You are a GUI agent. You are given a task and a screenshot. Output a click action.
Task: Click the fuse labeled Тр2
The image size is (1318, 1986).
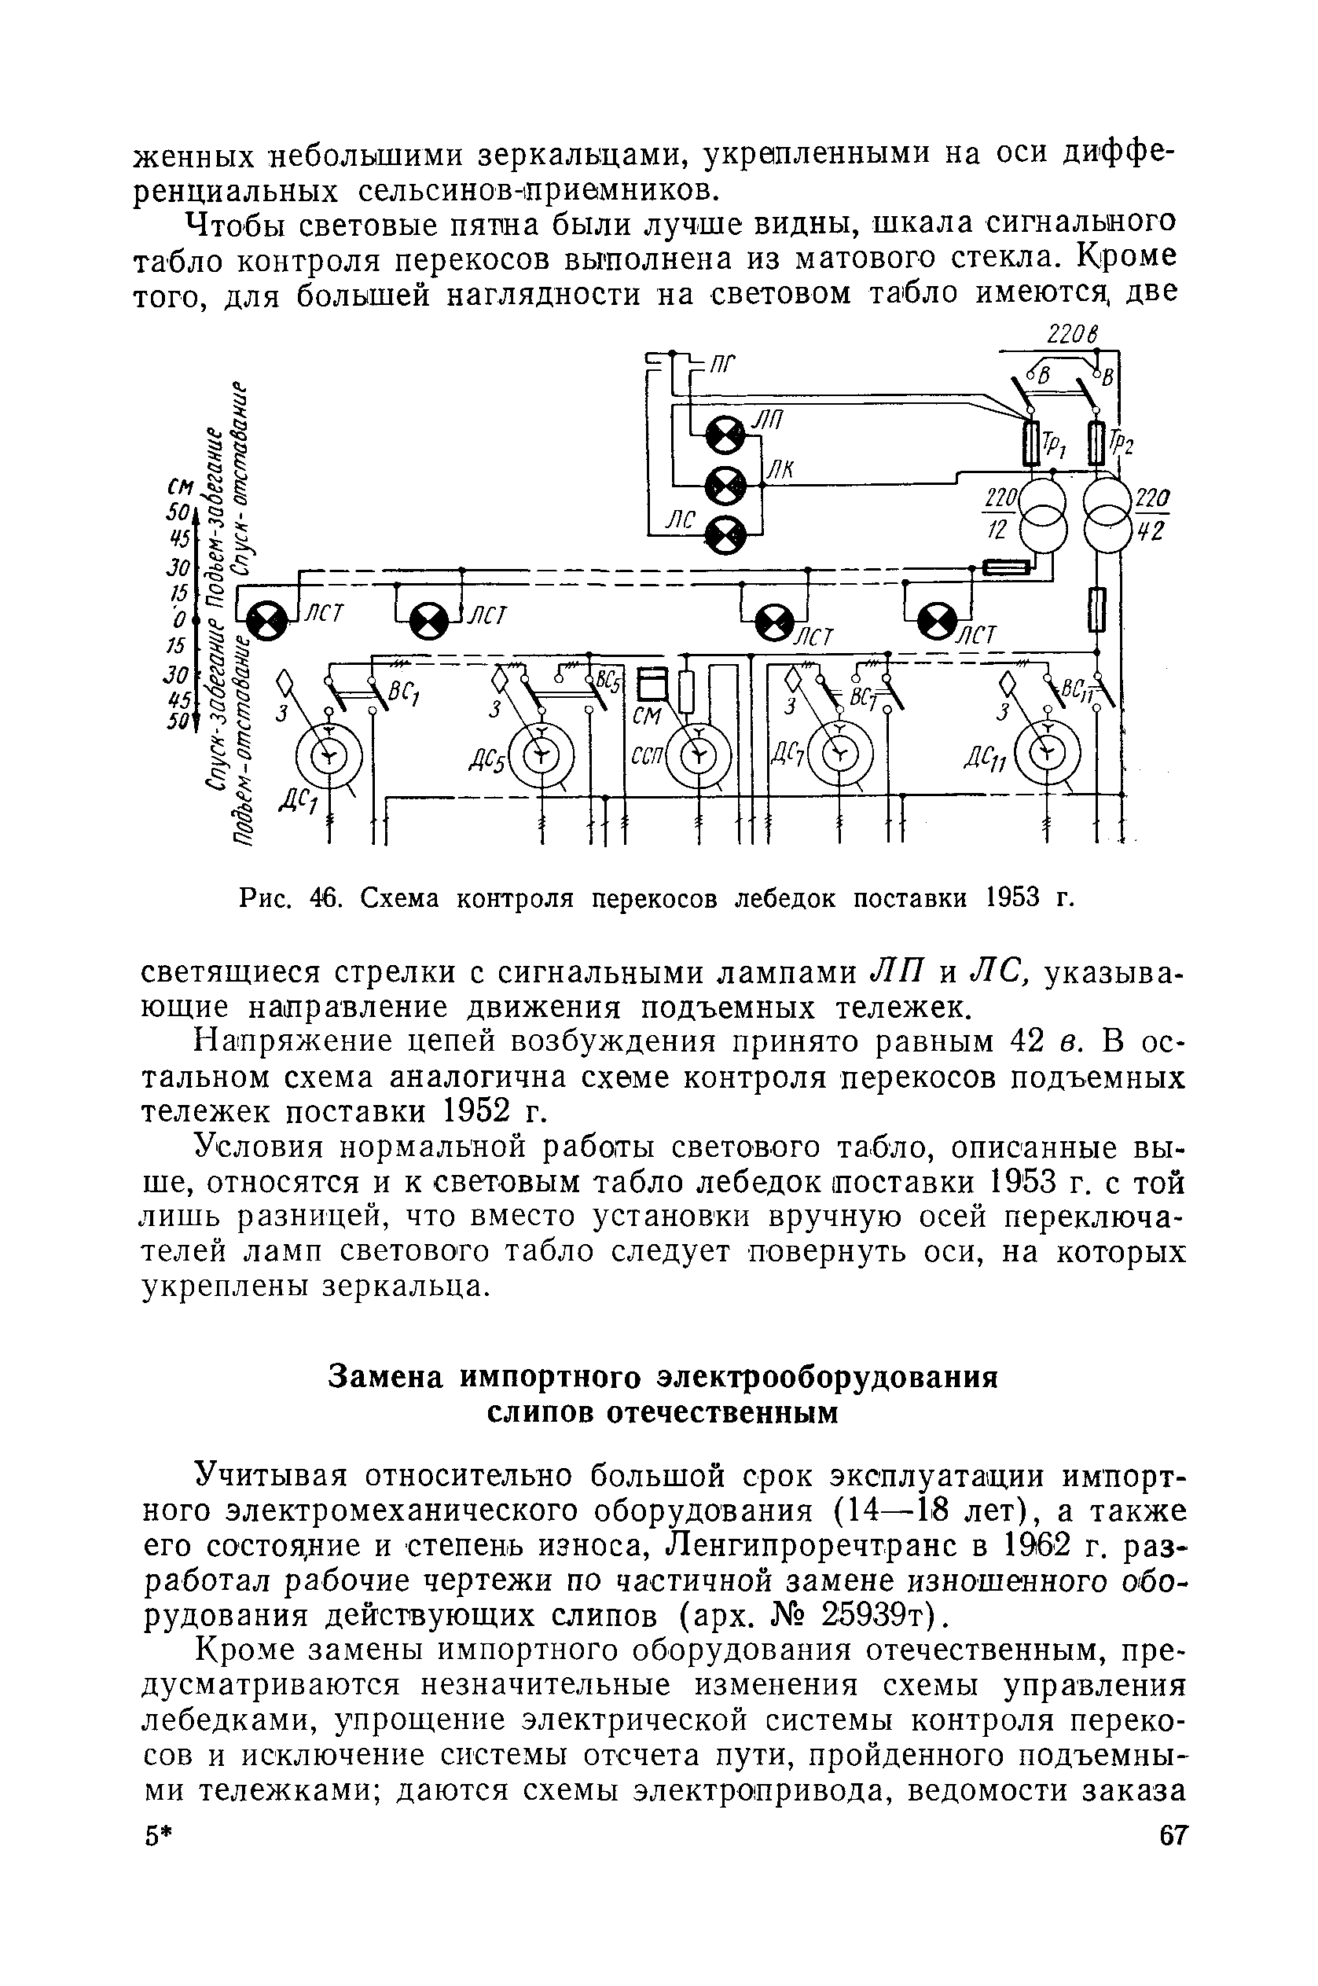click(x=1096, y=444)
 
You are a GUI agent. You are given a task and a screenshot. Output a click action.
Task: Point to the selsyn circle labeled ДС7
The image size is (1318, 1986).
click(x=839, y=751)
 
